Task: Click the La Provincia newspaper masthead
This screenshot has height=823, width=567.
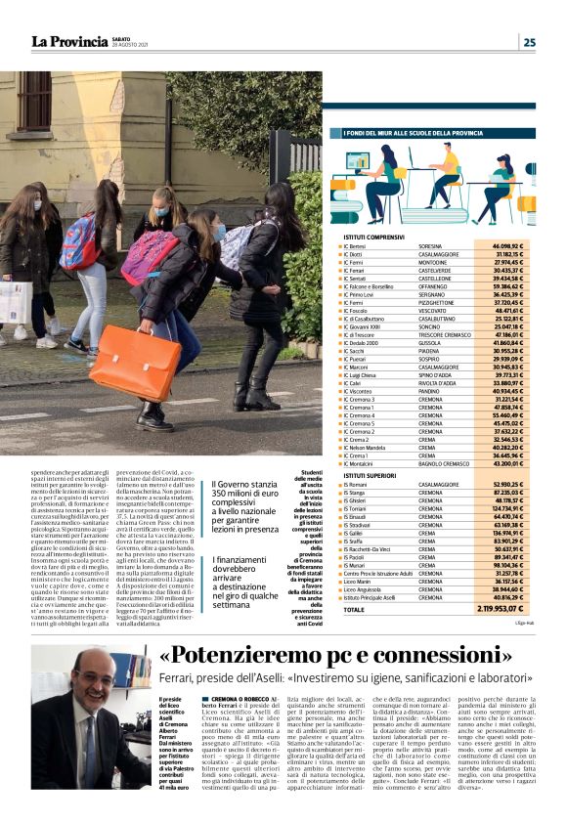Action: (x=69, y=41)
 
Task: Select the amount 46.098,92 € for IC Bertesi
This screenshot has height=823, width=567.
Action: (x=515, y=245)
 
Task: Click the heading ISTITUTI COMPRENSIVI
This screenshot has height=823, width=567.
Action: (x=374, y=237)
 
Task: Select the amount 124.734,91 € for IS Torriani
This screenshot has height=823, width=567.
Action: (x=515, y=508)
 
